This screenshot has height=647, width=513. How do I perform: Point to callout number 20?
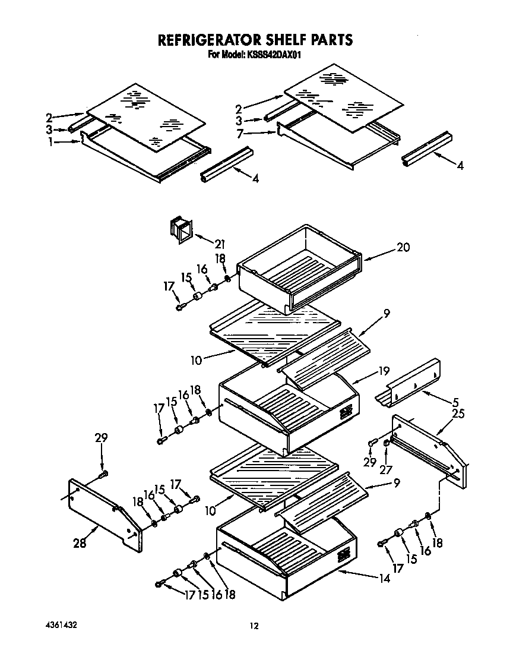(x=403, y=247)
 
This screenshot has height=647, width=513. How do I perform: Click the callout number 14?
(x=385, y=577)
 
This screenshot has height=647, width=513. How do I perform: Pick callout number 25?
(x=458, y=414)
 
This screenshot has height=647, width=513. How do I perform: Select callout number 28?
(x=80, y=542)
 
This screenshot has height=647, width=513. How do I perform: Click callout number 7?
(x=239, y=135)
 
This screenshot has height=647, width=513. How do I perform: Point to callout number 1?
(x=50, y=142)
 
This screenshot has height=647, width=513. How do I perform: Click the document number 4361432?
(x=61, y=626)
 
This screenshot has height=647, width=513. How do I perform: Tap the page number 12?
(x=254, y=626)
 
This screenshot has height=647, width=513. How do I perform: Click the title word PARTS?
(x=328, y=40)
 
